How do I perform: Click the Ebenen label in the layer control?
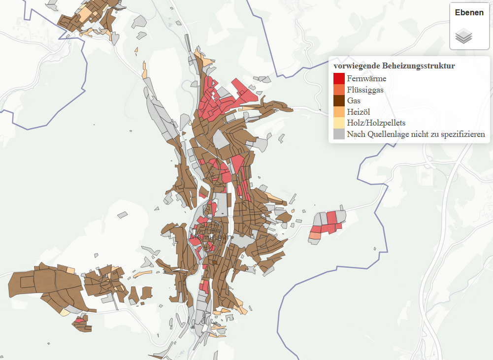(469, 13)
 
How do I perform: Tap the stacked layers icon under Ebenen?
(463, 36)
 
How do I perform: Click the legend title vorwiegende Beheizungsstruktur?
(394, 65)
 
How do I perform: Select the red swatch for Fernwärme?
(339, 78)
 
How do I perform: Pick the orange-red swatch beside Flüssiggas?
(339, 90)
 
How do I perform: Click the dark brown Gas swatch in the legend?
(339, 101)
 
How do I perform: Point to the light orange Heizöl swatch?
(339, 112)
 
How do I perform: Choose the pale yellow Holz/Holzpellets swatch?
(339, 123)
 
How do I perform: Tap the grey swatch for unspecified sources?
(339, 134)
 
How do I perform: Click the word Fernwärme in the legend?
(366, 78)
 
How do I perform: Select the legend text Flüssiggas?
(365, 90)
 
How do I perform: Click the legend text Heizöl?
(358, 112)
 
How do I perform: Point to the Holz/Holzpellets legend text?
(376, 123)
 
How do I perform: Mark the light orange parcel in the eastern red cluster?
(314, 236)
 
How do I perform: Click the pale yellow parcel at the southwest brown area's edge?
(65, 312)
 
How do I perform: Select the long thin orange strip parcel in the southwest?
(142, 273)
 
